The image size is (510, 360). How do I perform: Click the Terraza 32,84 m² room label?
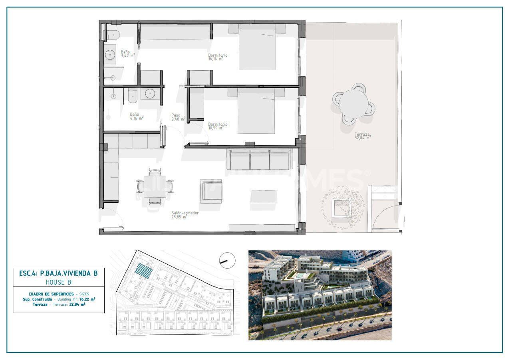click(x=363, y=136)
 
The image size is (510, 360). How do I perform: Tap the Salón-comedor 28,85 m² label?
click(x=185, y=215)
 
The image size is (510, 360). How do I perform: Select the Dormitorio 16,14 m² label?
click(x=218, y=57)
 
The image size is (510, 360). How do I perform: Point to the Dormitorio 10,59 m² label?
click(x=218, y=126)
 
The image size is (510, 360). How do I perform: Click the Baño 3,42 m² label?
click(x=127, y=54)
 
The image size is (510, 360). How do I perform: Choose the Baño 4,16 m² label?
click(x=137, y=116)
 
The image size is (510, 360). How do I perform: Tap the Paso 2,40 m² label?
click(x=178, y=117)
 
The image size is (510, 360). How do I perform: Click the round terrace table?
click(x=353, y=103)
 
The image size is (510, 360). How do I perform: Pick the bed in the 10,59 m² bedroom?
click(x=256, y=112)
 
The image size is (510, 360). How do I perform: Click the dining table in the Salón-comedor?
click(x=155, y=186)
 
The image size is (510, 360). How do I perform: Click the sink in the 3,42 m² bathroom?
click(x=110, y=54)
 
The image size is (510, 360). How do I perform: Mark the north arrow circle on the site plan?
click(x=227, y=261)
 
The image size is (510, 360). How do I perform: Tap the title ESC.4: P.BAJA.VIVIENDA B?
click(x=58, y=273)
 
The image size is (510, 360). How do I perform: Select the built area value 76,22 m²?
click(x=87, y=299)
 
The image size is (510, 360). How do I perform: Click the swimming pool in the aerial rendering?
click(x=300, y=275)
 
